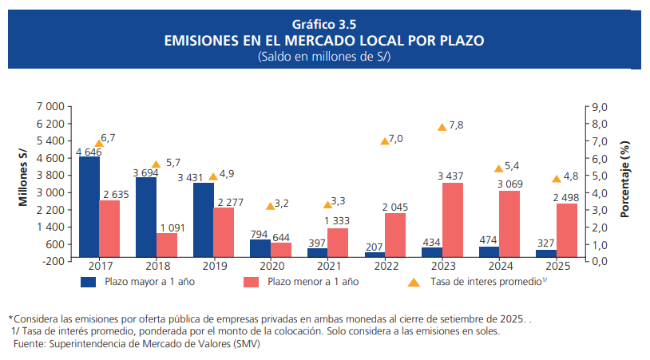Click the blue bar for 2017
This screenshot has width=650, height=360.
[89, 207]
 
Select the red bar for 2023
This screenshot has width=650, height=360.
[452, 220]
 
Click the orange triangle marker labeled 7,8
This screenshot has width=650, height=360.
[442, 127]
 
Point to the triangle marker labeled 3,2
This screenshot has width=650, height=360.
[270, 205]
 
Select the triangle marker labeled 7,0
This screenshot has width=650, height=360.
[384, 140]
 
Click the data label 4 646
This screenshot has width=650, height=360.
[89, 152]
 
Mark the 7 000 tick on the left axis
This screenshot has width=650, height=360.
[51, 107]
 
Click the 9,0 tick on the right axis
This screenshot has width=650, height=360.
[599, 107]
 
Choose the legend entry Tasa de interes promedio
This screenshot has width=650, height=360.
[486, 282]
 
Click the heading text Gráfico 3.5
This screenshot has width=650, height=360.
[324, 24]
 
